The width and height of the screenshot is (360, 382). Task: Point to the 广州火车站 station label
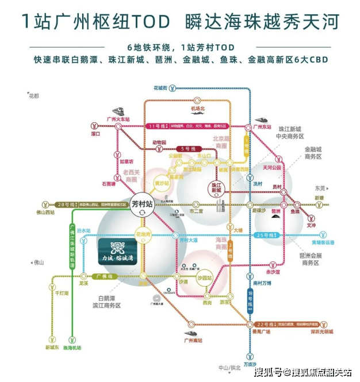[119, 118]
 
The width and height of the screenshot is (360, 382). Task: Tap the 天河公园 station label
[272, 168]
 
